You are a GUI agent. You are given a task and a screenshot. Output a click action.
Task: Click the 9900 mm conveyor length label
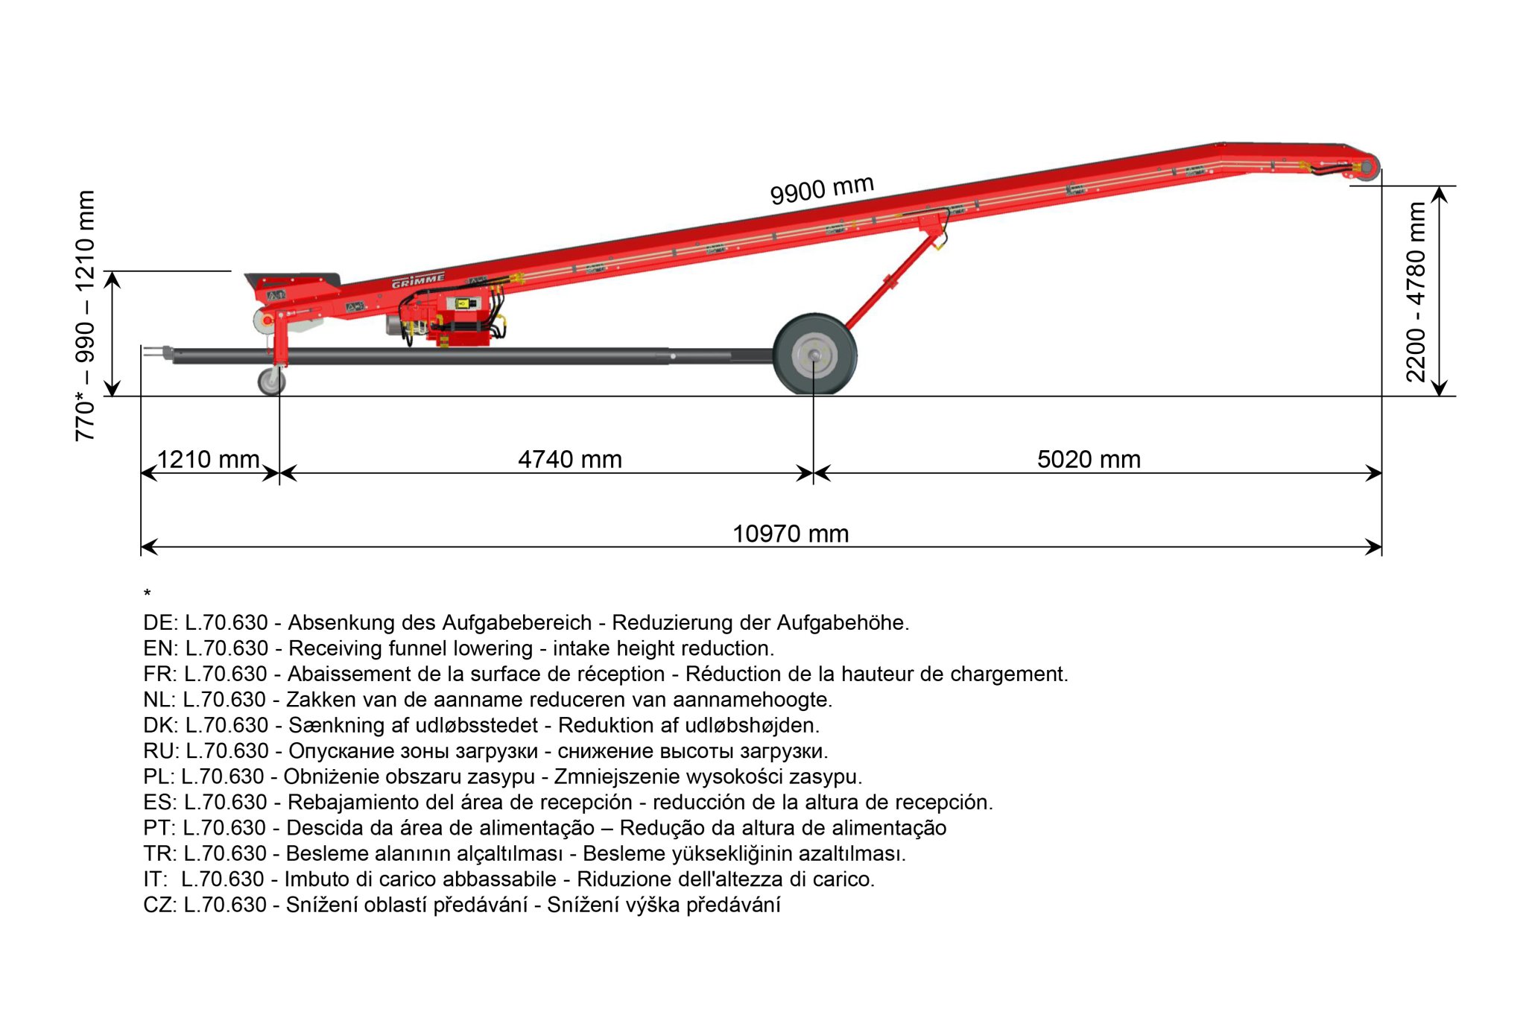point(821,189)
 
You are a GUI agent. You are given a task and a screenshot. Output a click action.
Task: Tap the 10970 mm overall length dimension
point(791,534)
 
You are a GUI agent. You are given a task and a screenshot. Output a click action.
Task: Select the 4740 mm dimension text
point(570,459)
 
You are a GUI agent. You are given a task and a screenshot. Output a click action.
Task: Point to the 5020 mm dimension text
point(1089,459)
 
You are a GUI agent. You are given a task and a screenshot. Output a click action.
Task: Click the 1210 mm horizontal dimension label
point(208,459)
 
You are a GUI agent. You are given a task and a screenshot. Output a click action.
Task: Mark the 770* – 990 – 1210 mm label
point(85,316)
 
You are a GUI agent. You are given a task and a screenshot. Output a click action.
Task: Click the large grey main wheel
point(814,355)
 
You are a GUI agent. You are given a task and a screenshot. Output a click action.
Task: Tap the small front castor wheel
point(271,381)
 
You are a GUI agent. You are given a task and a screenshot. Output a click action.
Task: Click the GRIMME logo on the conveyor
point(418,281)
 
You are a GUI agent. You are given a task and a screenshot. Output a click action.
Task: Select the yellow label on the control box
point(464,303)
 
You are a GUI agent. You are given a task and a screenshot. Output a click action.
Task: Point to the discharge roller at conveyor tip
point(1368,166)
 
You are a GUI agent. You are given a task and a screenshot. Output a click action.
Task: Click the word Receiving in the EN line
point(335,648)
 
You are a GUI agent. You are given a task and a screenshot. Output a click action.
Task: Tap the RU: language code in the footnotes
point(161,751)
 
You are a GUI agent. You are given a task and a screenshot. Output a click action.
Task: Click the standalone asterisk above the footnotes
point(148,594)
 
